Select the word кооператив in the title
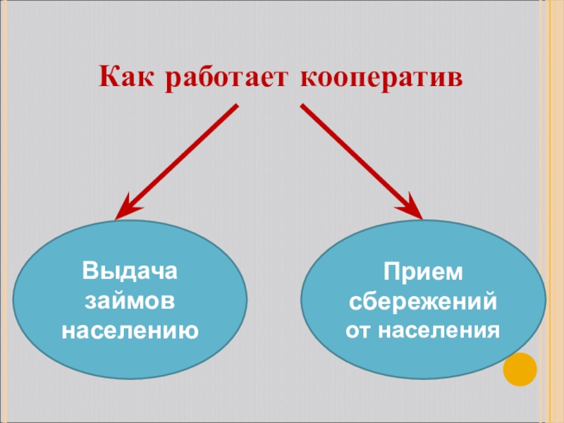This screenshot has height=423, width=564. [x=381, y=77]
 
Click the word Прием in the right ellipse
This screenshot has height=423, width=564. [x=423, y=271]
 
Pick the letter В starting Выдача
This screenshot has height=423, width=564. [x=90, y=271]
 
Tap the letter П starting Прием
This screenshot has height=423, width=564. [x=391, y=271]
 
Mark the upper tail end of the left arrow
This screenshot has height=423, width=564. [x=237, y=108]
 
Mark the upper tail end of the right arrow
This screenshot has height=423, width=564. [x=303, y=107]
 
